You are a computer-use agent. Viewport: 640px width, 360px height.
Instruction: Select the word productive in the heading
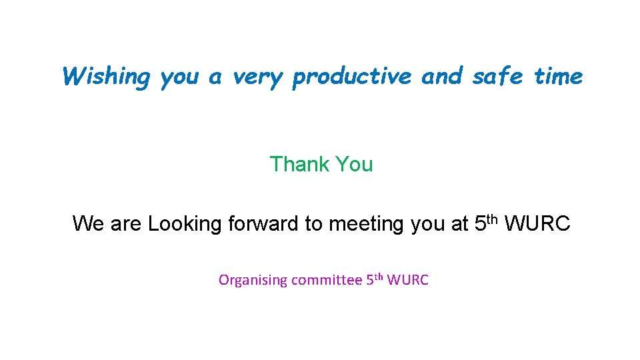352,77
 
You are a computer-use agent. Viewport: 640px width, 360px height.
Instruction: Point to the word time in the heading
558,77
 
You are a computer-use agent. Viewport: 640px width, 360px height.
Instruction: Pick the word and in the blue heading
441,77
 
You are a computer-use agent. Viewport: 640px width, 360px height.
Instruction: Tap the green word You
355,164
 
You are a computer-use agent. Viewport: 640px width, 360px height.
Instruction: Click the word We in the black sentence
88,223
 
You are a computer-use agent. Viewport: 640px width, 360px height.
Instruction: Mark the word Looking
185,224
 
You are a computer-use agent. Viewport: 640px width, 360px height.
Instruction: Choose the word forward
263,223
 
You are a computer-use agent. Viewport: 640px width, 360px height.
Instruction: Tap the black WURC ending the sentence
537,223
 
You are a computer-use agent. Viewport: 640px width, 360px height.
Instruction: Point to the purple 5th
374,279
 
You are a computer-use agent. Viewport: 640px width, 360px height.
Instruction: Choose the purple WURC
407,280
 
